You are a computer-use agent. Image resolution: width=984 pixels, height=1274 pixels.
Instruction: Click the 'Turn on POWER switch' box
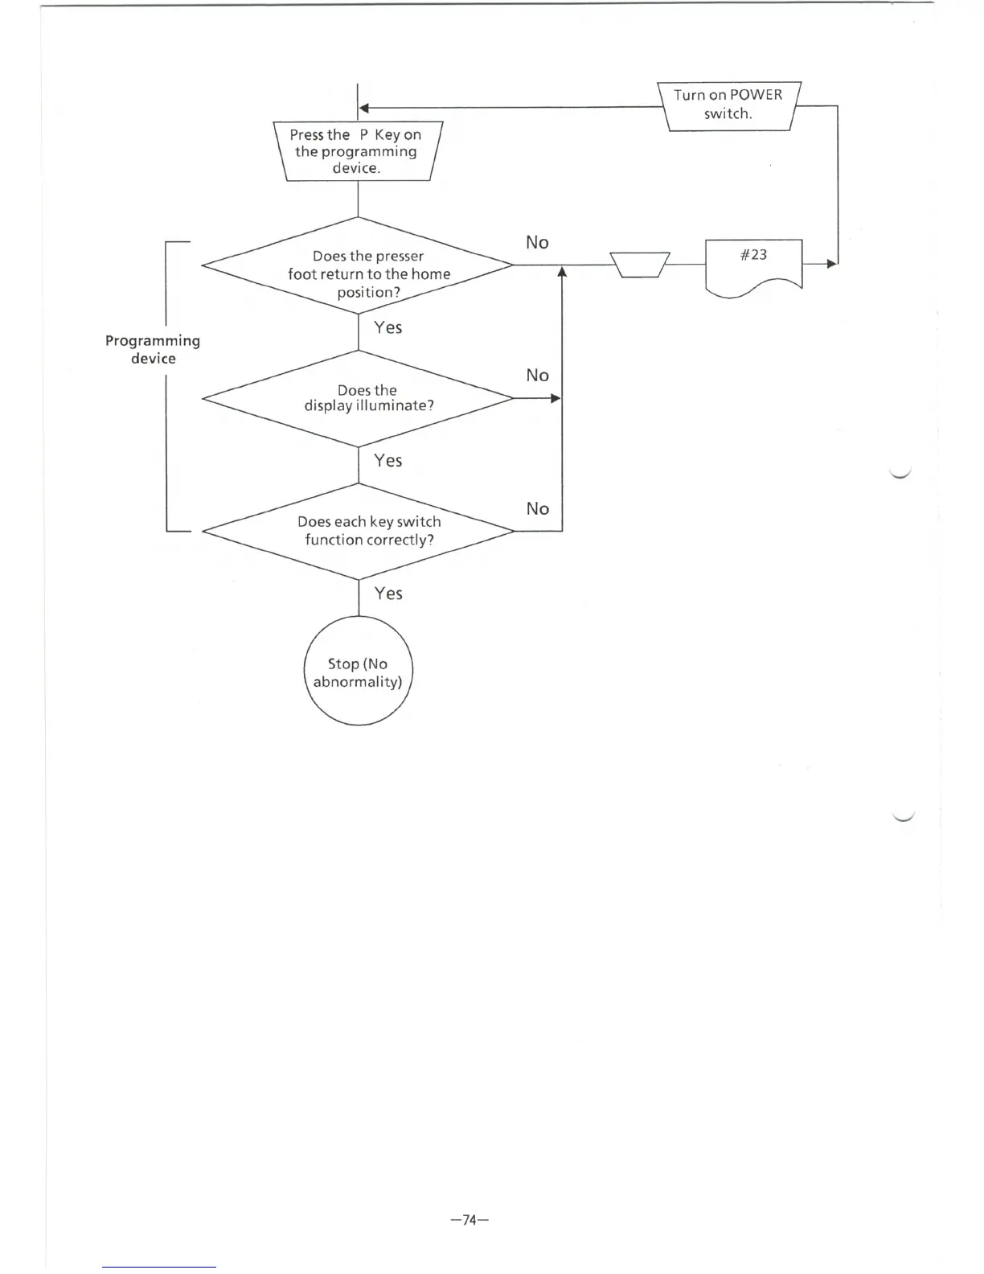coord(728,105)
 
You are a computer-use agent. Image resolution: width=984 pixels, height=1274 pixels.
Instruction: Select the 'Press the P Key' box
coord(357,151)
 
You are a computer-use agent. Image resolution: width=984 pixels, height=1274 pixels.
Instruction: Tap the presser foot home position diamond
coord(358,265)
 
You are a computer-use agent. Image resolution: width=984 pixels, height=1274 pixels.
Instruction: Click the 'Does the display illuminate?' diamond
coord(358,398)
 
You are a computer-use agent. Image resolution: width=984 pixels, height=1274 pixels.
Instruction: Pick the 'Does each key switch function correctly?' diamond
coord(358,531)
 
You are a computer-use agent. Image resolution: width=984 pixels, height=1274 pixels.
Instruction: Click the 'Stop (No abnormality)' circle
coord(358,671)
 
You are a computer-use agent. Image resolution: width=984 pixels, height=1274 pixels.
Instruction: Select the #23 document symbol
coord(753,265)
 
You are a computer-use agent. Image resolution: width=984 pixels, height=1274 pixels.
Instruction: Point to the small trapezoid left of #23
coord(640,265)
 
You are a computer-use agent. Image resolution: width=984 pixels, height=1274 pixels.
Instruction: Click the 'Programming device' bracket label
coord(153,350)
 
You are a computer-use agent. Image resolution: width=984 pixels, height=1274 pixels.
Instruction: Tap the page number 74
coord(470,1220)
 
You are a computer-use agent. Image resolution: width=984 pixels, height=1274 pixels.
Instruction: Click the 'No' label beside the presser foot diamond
coord(537,243)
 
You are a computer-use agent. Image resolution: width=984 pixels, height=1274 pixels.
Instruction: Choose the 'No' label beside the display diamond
coord(537,376)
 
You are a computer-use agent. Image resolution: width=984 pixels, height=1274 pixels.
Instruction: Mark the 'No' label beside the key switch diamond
coord(537,509)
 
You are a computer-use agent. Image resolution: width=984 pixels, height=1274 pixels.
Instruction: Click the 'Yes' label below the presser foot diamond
coord(387,327)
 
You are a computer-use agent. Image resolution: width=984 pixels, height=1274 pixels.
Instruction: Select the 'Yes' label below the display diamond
coord(387,461)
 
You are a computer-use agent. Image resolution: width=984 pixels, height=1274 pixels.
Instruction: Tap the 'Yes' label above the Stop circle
coord(387,594)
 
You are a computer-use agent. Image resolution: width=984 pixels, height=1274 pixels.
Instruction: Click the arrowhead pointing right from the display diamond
coord(556,398)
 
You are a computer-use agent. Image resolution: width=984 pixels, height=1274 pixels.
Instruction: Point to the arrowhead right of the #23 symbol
coord(832,264)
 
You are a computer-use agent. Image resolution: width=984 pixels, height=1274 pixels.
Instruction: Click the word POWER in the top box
coord(756,95)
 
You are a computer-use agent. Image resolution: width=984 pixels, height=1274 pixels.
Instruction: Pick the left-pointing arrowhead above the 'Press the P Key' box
coord(363,108)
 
